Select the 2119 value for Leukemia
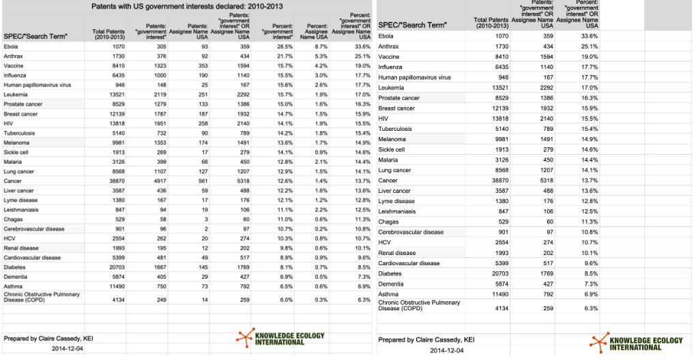(158, 94)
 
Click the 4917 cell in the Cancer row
(158, 181)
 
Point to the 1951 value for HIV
(158, 123)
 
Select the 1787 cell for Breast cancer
(158, 113)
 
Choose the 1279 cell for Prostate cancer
(158, 104)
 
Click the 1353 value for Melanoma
(158, 142)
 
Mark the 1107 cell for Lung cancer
(158, 171)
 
